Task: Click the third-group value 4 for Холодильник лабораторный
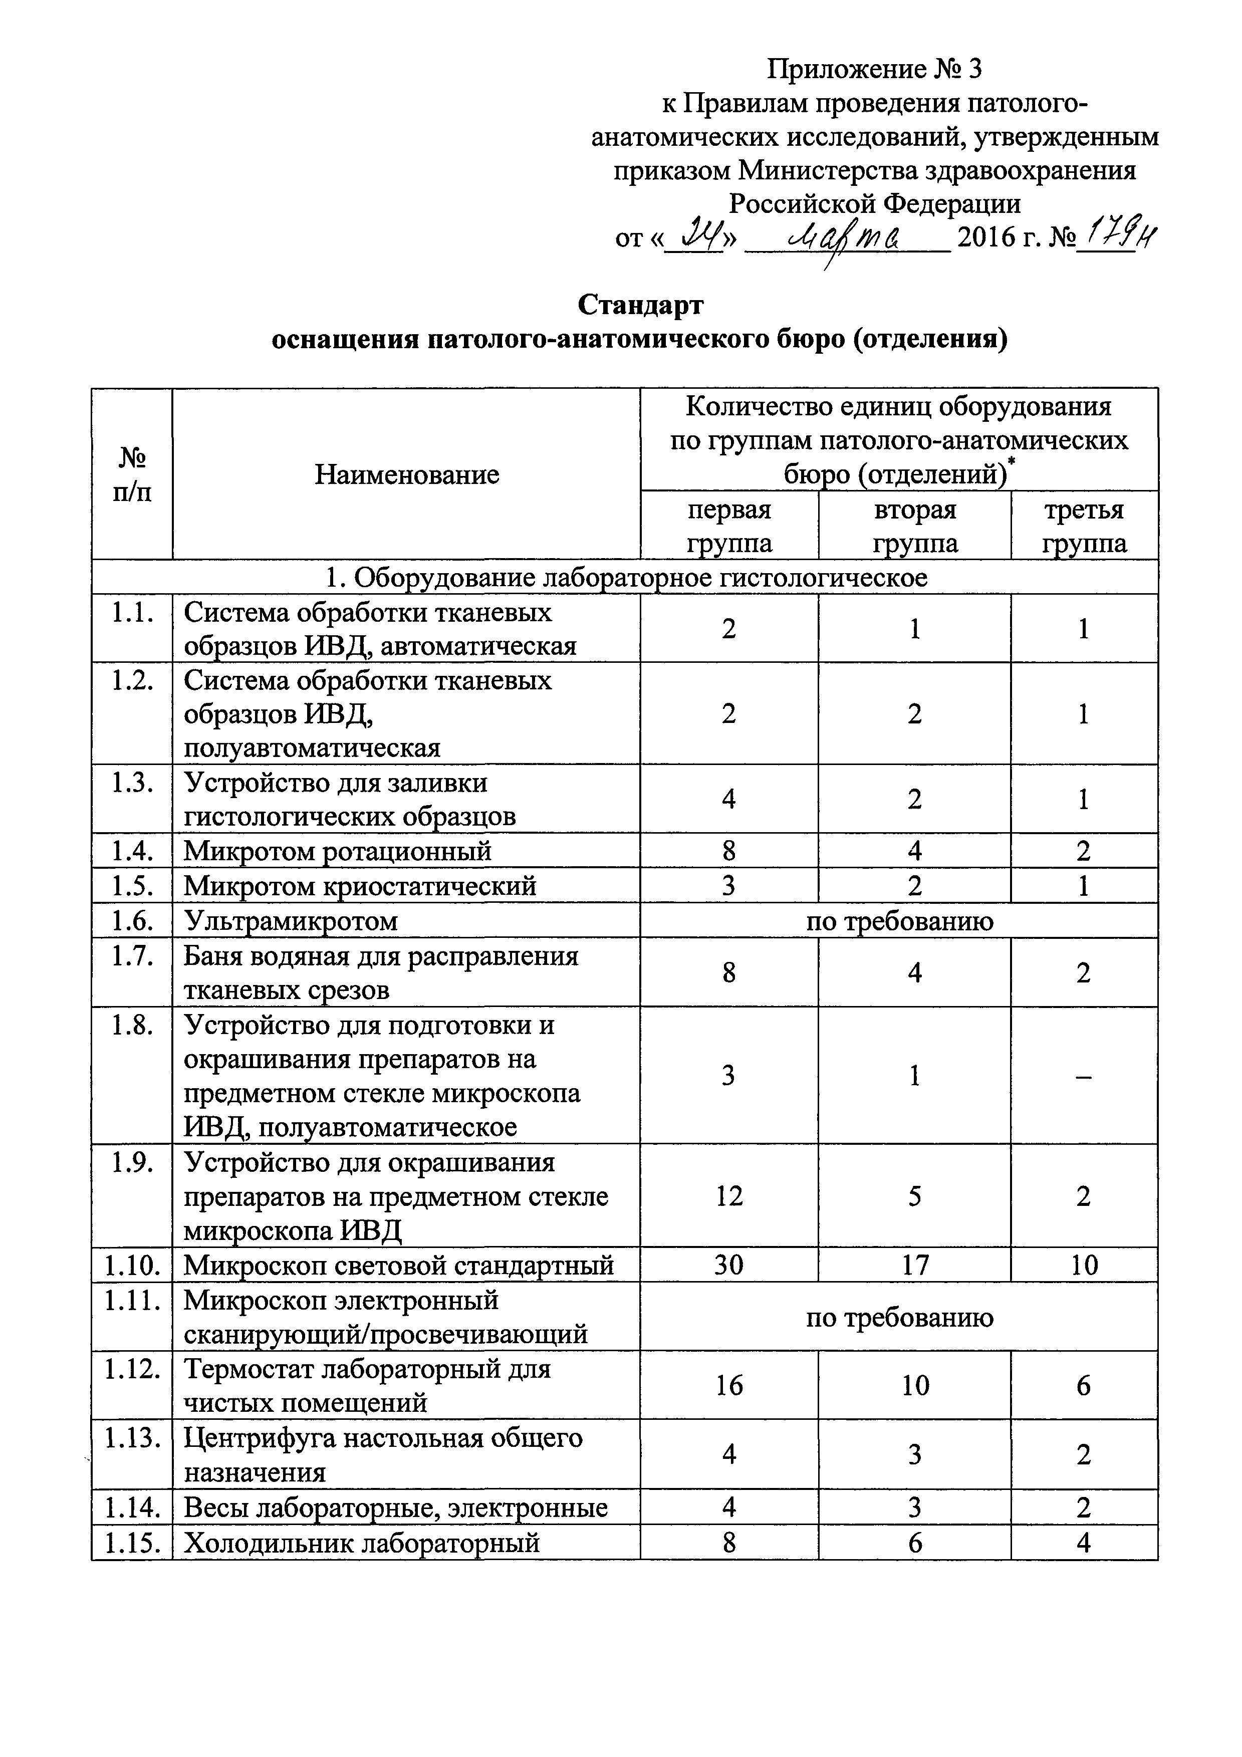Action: click(x=1084, y=1542)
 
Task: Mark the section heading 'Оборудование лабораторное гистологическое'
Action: click(x=626, y=577)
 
